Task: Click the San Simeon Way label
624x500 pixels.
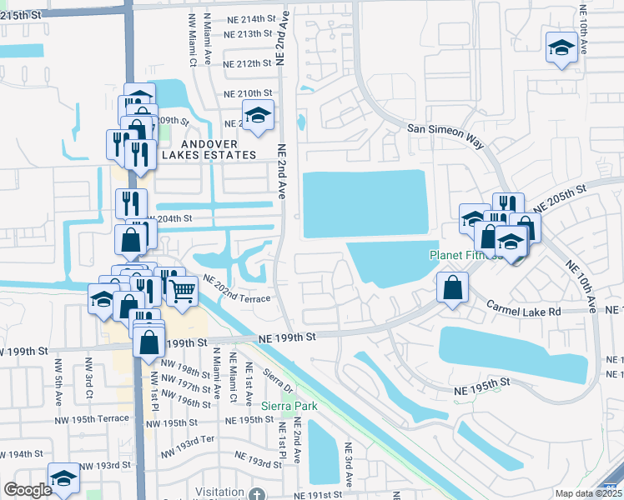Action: pos(446,135)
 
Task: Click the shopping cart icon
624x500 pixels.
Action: pos(183,291)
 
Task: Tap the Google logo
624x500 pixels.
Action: pos(28,490)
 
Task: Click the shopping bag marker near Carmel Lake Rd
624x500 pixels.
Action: pos(451,288)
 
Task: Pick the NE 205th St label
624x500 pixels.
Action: pos(560,197)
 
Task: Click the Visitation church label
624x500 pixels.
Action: pos(219,492)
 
